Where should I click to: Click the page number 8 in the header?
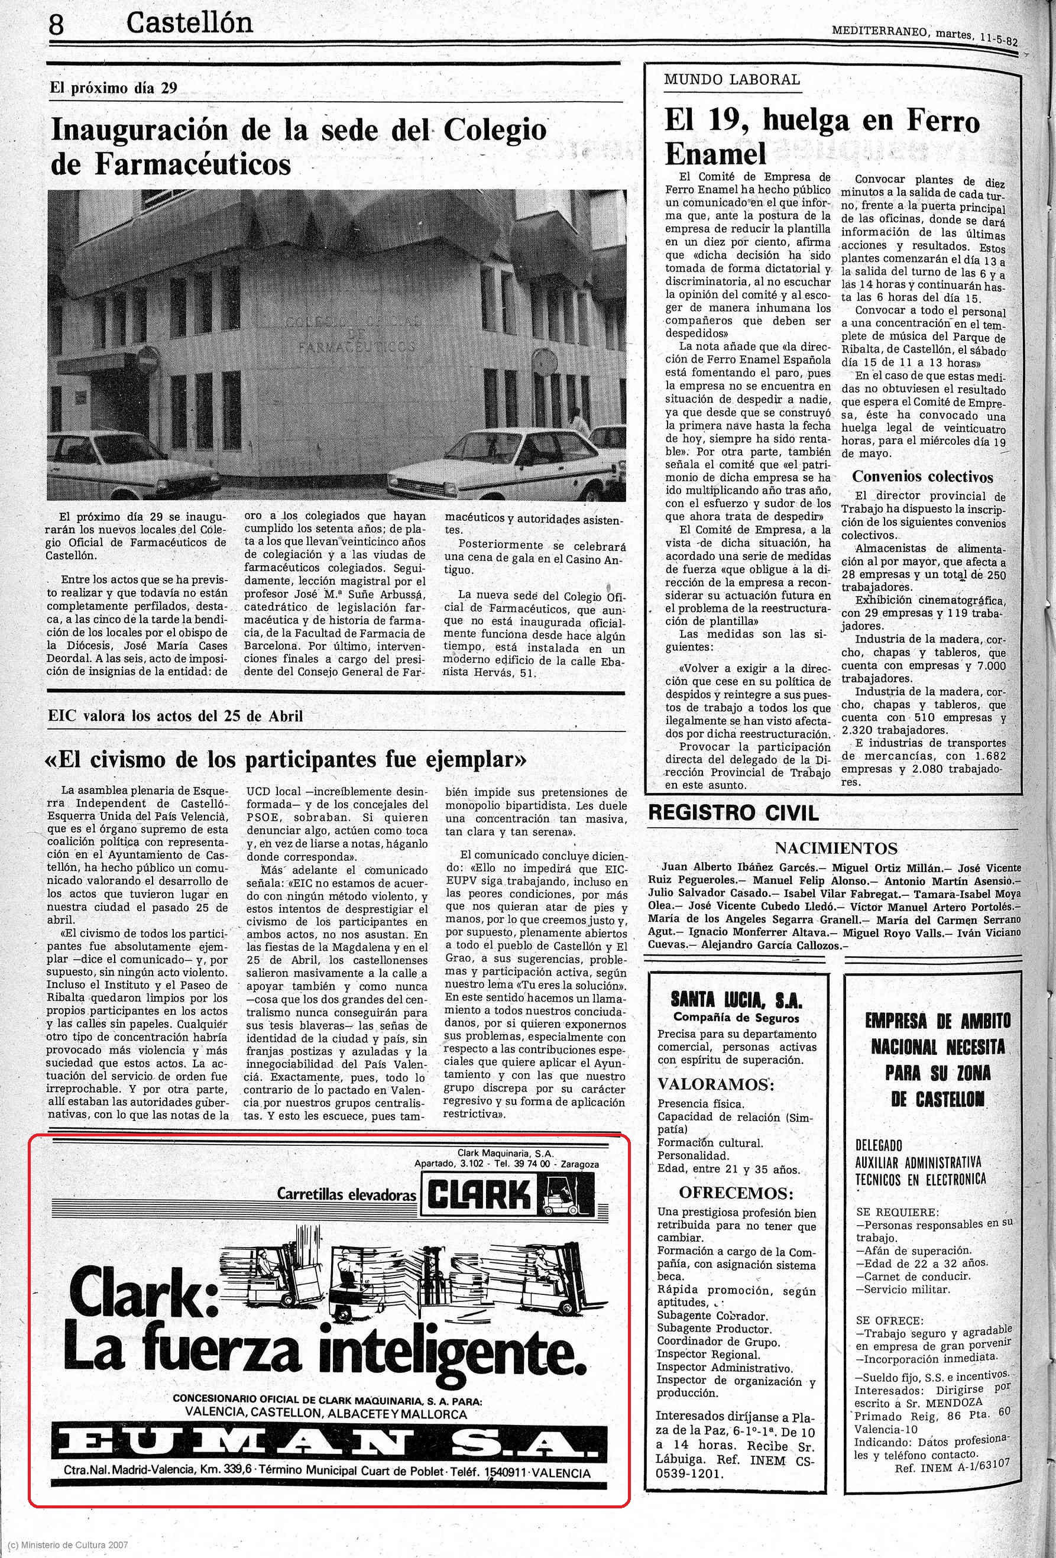(x=56, y=25)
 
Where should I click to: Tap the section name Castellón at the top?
(x=189, y=24)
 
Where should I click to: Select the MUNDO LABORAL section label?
(x=731, y=80)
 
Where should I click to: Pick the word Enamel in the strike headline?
(x=715, y=154)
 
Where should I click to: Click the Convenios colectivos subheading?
(x=922, y=477)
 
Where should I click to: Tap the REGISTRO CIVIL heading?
(x=734, y=813)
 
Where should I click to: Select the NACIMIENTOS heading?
(x=835, y=848)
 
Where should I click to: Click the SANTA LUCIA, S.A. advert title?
(x=736, y=1001)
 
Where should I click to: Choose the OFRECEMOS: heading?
(x=736, y=1193)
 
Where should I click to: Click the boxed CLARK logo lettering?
(x=480, y=1194)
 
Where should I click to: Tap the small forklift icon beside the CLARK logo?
(x=565, y=1194)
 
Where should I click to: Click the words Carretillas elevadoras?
(x=346, y=1194)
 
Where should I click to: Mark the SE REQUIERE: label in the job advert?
(x=897, y=1213)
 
